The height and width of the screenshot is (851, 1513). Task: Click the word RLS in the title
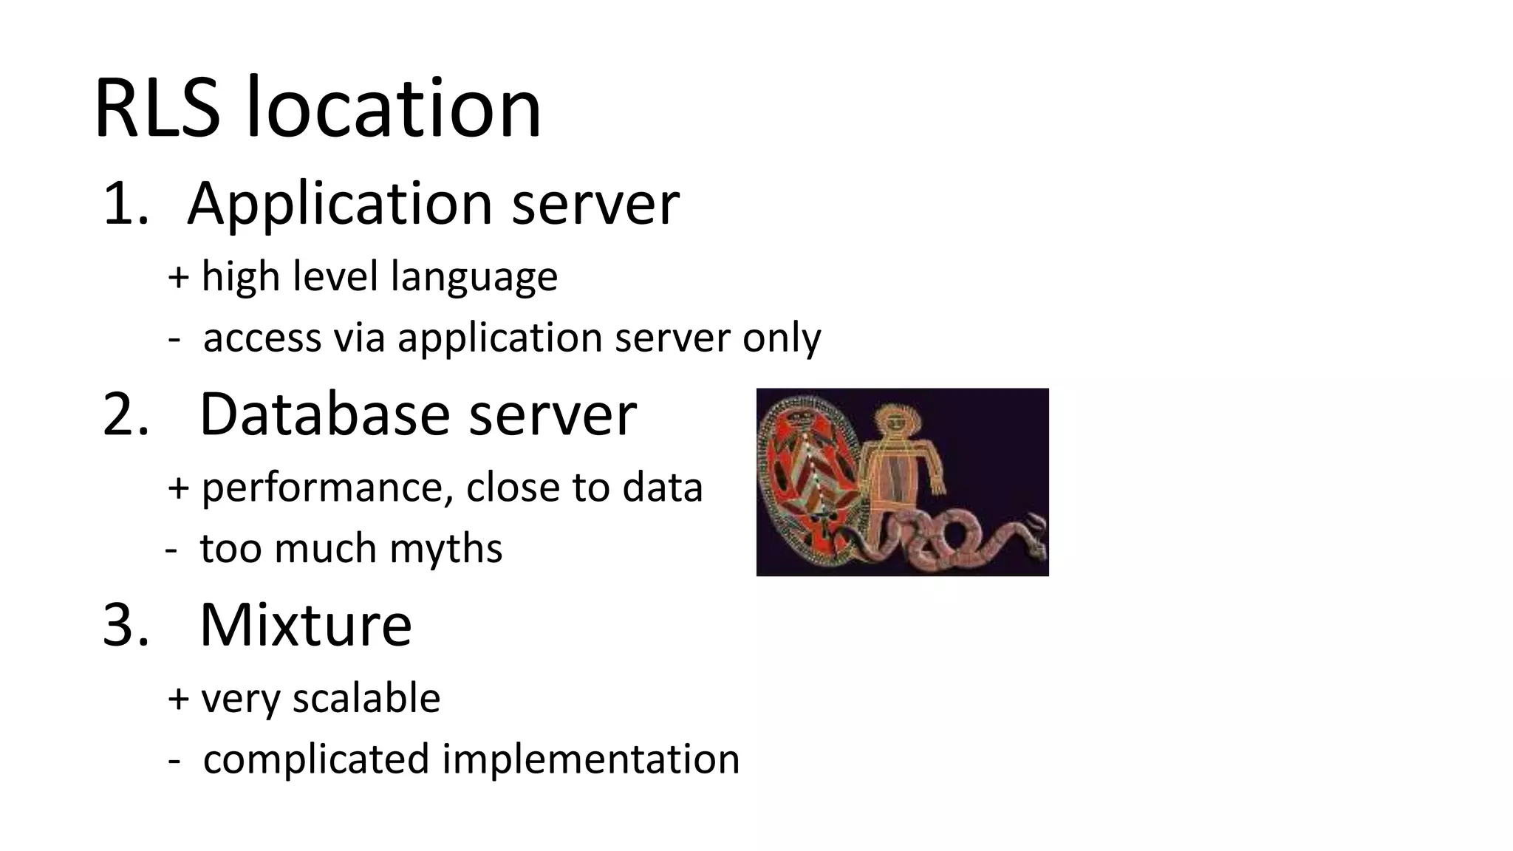[x=157, y=109]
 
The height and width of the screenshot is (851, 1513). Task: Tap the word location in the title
[x=393, y=109]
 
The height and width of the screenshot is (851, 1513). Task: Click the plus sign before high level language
[x=178, y=277]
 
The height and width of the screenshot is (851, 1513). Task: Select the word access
[x=262, y=338]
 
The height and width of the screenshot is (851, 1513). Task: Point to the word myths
[x=445, y=549]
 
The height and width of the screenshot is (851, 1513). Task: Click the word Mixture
[x=305, y=625]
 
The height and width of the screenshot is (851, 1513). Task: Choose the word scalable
[x=366, y=698]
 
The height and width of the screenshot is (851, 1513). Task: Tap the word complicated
[x=315, y=759]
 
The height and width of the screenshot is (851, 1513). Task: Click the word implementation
[x=590, y=759]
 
